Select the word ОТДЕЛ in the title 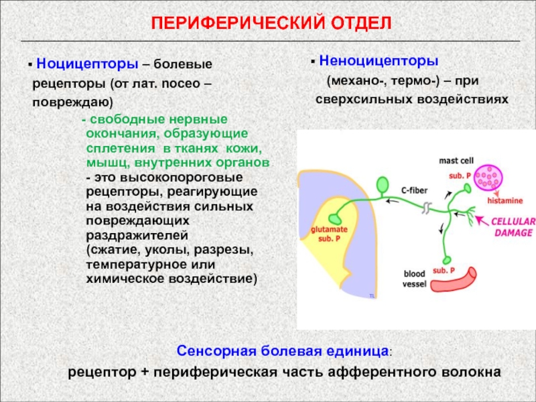(360, 23)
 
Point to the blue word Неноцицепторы (379, 61)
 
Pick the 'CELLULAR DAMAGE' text (513, 227)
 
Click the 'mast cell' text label (456, 161)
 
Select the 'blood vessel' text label (415, 279)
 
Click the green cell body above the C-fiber (383, 184)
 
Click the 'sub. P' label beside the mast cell (461, 175)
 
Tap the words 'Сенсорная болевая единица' (283, 350)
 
